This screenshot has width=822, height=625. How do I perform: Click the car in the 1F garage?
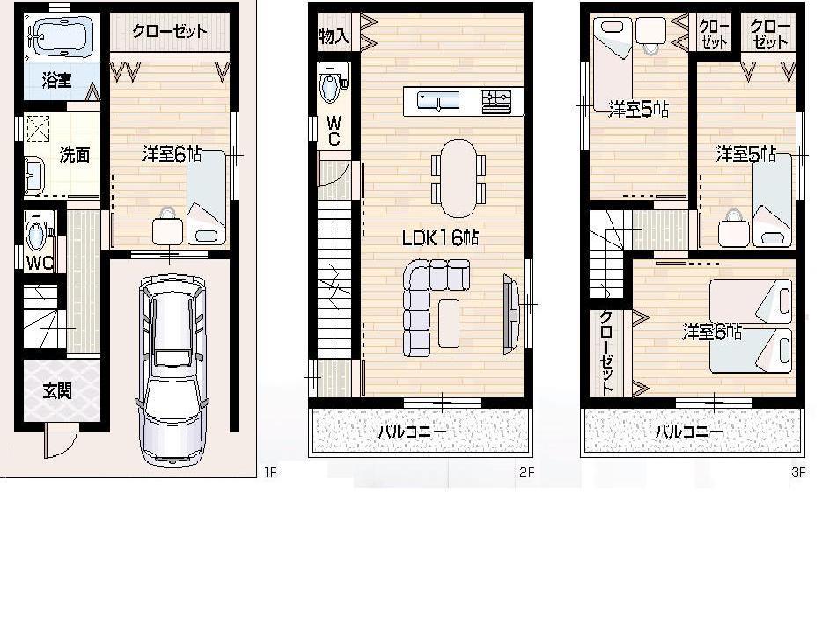point(172,369)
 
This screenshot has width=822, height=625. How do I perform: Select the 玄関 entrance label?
point(58,391)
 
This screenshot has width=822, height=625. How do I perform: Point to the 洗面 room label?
point(74,156)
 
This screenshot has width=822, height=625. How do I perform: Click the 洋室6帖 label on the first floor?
point(172,155)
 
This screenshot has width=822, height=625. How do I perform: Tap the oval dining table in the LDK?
point(458,178)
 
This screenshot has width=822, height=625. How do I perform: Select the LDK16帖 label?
point(440,237)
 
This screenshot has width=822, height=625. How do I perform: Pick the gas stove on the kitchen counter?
point(495,102)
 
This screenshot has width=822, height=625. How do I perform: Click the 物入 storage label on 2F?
point(334,37)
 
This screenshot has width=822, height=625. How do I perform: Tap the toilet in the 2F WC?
point(331,87)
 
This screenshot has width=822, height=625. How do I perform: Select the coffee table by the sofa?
point(449,323)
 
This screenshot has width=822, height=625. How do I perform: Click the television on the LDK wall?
point(510,314)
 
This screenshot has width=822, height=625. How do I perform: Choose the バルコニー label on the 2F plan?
point(413,432)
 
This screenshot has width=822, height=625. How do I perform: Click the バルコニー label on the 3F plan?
point(689,432)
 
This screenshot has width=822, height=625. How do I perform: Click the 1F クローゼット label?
point(170,32)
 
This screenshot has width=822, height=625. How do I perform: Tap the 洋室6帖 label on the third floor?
point(712,332)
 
